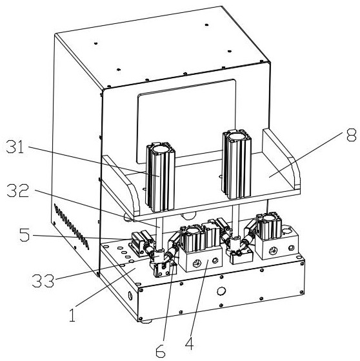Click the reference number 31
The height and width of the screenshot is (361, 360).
pos(15,147)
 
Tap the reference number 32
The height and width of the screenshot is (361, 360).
pos(18,191)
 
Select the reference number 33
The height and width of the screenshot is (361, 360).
pos(43,281)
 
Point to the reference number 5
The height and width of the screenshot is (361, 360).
pos(25,235)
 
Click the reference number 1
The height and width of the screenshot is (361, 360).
pos(72,315)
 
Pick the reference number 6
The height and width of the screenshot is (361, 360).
pos(161,351)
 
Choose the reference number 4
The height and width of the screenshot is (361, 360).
pos(189,342)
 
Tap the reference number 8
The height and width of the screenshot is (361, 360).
pos(351,134)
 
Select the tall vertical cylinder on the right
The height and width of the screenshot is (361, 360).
pos(237,164)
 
